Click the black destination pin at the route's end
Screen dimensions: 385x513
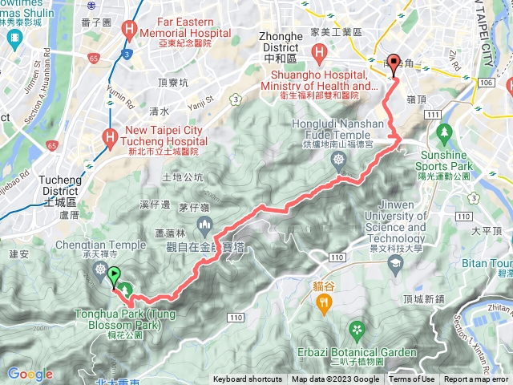[393, 68]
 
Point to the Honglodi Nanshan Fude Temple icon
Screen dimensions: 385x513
[339, 160]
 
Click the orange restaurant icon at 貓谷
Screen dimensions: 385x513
[324, 302]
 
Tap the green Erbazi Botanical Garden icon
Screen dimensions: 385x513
[356, 329]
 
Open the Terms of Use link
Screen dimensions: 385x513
[412, 379]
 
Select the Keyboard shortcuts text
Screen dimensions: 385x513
[248, 379]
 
